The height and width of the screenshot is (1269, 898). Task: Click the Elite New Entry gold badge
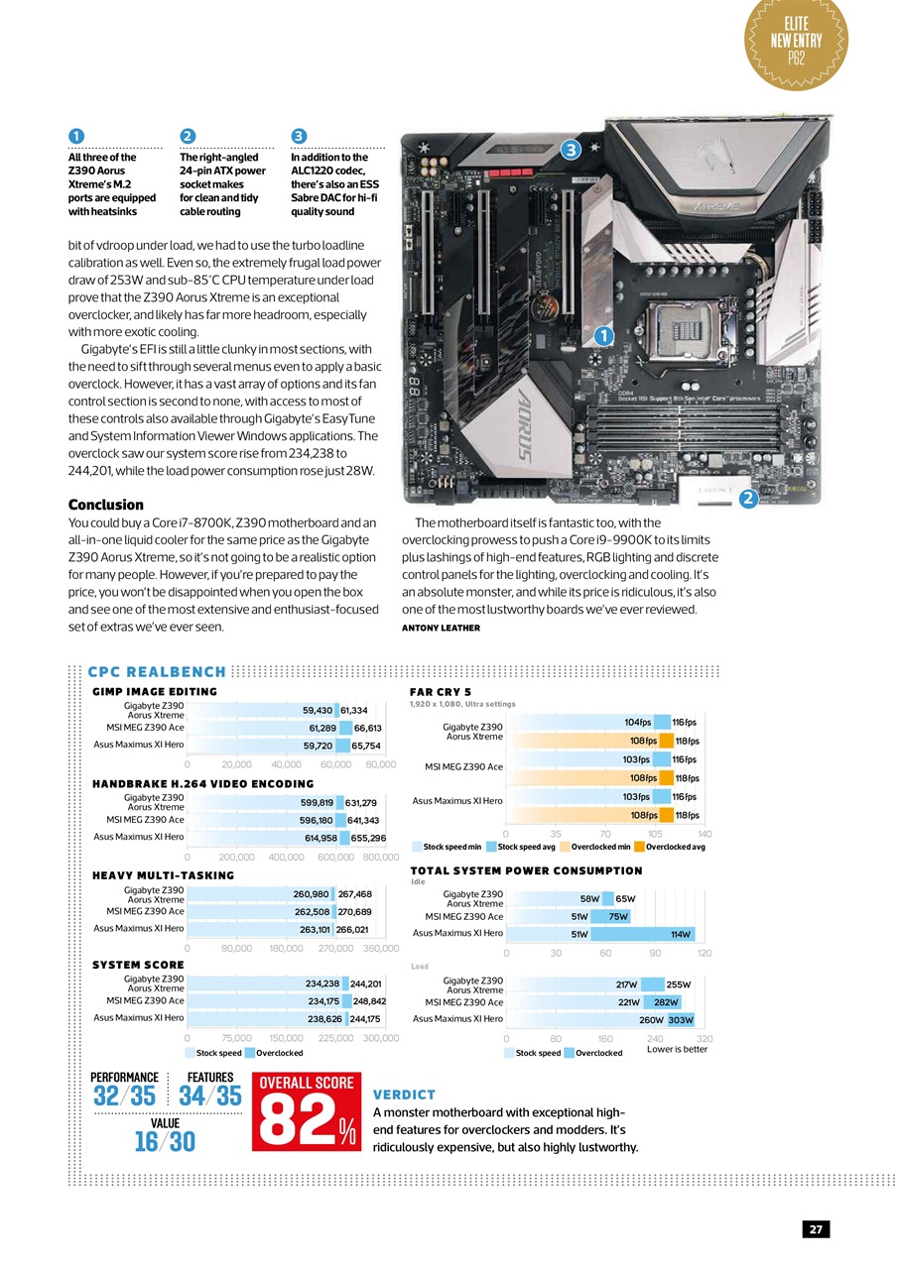click(x=795, y=43)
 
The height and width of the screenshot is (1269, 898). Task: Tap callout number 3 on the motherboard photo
click(x=570, y=150)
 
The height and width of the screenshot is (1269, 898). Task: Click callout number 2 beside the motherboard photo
click(x=749, y=499)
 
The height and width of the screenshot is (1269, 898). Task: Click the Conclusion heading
click(x=105, y=505)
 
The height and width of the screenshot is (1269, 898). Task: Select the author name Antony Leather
click(x=441, y=628)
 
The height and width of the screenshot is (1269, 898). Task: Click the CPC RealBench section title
click(x=156, y=672)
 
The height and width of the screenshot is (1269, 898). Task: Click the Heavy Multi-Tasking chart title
click(x=163, y=875)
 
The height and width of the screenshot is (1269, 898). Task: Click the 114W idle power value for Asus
click(x=680, y=934)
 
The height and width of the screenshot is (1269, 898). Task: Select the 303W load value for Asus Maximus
click(x=681, y=1019)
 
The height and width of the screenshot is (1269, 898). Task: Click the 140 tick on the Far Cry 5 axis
click(x=705, y=834)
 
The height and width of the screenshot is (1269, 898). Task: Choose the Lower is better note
click(x=677, y=1049)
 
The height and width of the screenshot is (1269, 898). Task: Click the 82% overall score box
click(x=308, y=1112)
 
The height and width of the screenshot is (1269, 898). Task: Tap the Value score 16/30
click(x=165, y=1142)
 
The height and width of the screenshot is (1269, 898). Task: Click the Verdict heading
click(x=404, y=1095)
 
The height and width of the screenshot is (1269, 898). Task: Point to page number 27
click(x=816, y=1229)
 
